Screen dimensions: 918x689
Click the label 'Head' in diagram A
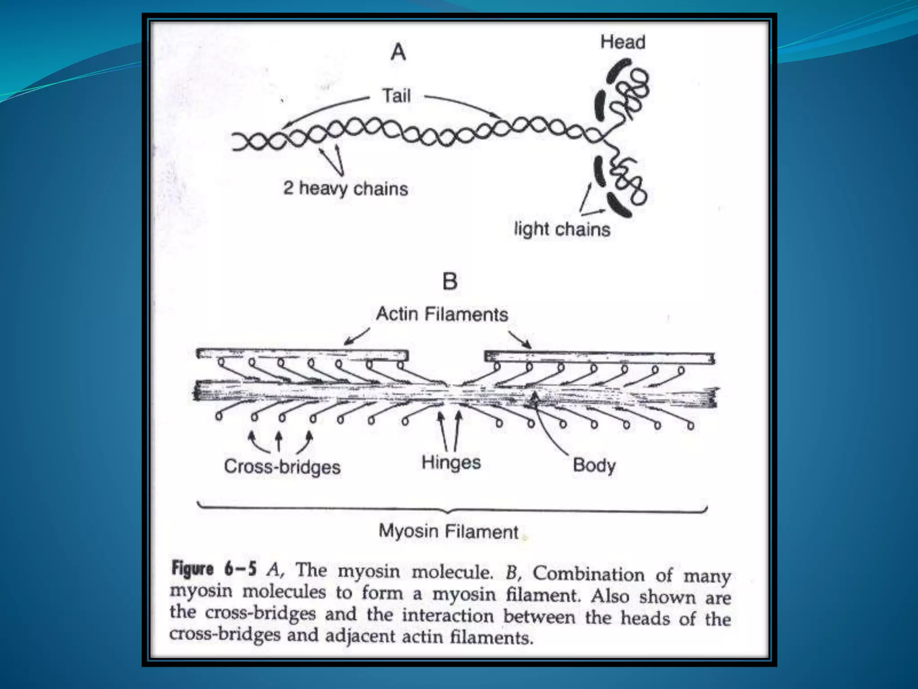[623, 42]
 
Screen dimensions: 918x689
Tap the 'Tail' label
[396, 96]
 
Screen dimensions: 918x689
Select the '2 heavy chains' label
[346, 188]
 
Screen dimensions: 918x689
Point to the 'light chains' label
[562, 229]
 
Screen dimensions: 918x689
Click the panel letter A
[398, 52]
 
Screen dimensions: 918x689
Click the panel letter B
[450, 282]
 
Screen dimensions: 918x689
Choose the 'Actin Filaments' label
[442, 314]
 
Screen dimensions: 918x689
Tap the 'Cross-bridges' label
[282, 467]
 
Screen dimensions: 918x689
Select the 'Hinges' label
[451, 462]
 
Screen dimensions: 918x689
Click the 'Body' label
[594, 465]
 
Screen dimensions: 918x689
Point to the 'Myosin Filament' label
[448, 532]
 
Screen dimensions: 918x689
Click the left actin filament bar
[302, 354]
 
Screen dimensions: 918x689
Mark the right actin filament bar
[600, 358]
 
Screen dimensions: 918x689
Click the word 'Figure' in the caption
[193, 569]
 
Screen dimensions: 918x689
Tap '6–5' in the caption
[240, 569]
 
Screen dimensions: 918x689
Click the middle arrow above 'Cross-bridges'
[279, 441]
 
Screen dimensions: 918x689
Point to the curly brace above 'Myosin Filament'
[452, 510]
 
